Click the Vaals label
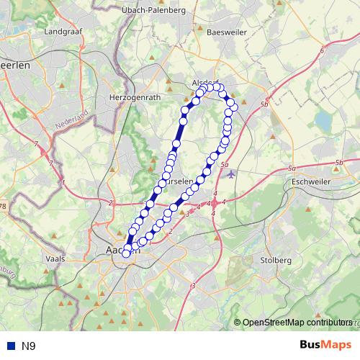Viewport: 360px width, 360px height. [55, 257]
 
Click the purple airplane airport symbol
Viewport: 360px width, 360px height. [230, 173]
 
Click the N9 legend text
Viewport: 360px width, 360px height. [28, 346]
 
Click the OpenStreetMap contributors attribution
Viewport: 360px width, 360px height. [297, 322]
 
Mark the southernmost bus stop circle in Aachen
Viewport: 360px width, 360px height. [127, 253]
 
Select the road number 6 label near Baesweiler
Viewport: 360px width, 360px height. [322, 51]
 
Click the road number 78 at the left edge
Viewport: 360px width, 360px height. [3, 207]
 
